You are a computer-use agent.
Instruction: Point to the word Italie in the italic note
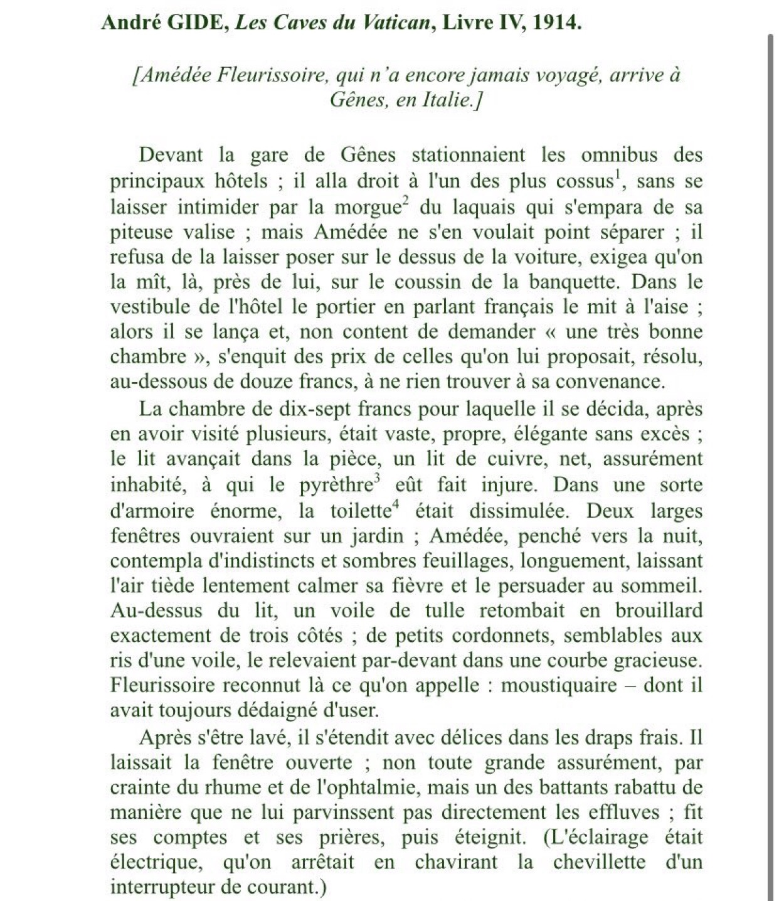(444, 100)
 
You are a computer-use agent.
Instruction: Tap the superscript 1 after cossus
(618, 174)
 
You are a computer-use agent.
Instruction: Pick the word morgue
(366, 207)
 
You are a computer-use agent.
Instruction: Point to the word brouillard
(659, 610)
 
